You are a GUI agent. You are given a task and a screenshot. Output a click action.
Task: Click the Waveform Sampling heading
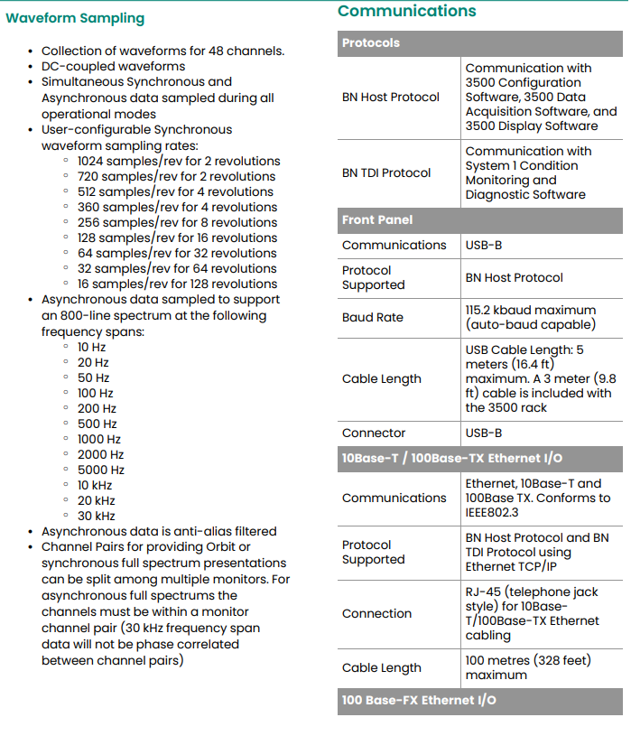point(75,18)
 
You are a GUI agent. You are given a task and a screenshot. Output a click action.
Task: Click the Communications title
point(406,11)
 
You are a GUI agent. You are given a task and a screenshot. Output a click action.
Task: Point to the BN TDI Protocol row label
point(386,172)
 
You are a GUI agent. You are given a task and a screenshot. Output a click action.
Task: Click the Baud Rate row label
point(373,317)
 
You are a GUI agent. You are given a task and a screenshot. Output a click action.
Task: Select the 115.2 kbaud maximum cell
point(531,317)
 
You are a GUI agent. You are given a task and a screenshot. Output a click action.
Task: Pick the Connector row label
point(374,433)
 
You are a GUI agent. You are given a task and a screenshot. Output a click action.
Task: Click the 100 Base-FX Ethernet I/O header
point(418,700)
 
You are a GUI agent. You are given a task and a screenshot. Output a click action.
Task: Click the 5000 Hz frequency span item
point(101,470)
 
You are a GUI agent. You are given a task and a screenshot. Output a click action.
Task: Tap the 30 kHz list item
point(96,516)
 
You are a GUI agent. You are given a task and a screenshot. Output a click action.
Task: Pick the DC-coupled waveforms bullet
point(113,66)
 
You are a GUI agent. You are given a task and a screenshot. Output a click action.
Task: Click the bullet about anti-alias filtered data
point(159,531)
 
